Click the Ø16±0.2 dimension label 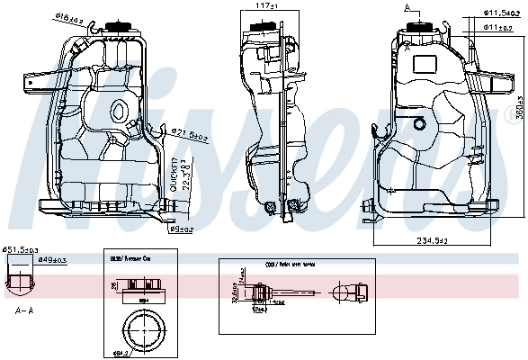point(68,15)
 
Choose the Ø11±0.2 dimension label point(498,28)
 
